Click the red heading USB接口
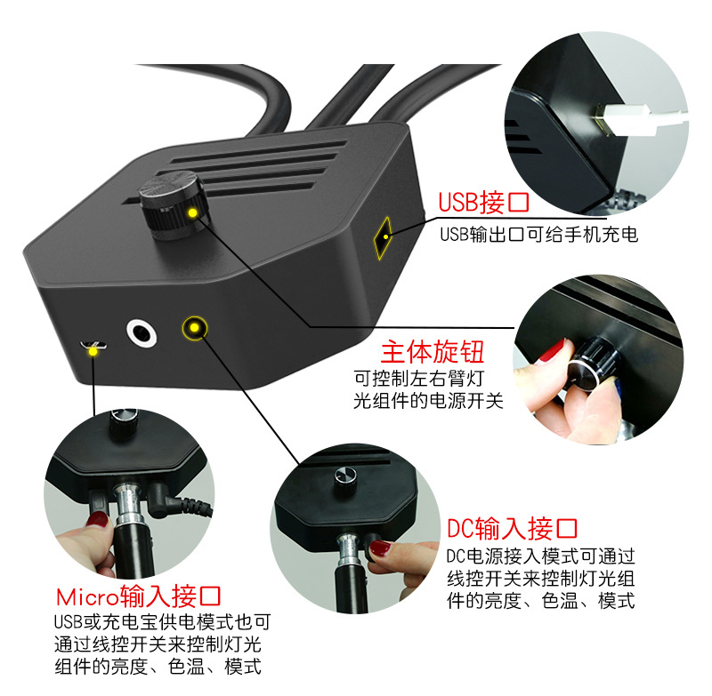click(x=483, y=203)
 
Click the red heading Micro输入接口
click(x=138, y=596)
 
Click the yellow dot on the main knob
click(x=191, y=212)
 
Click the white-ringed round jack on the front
click(x=142, y=333)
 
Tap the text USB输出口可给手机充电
click(x=538, y=236)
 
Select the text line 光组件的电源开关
click(x=428, y=402)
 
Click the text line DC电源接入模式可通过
click(x=540, y=556)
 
